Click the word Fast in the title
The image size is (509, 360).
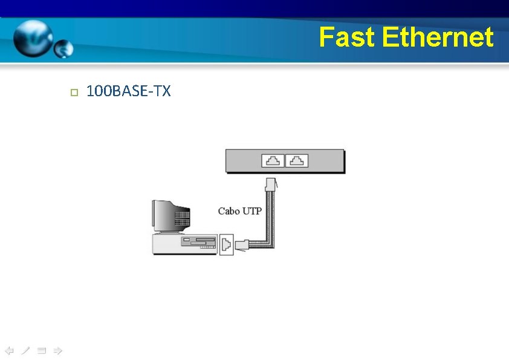[x=348, y=38]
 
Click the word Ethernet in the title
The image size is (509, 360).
[x=438, y=38]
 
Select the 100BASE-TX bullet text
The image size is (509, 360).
[x=129, y=91]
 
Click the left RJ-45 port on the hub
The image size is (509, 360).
[x=273, y=161]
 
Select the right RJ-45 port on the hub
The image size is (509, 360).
[x=297, y=161]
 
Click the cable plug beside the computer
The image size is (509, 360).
[x=242, y=244]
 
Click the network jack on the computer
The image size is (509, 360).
[x=225, y=244]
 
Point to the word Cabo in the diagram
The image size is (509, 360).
[x=229, y=211]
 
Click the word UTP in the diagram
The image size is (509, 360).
[x=251, y=211]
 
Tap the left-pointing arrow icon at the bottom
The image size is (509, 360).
[x=9, y=350]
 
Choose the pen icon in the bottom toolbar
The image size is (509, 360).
[x=25, y=350]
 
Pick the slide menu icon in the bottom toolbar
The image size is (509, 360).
[x=41, y=350]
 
